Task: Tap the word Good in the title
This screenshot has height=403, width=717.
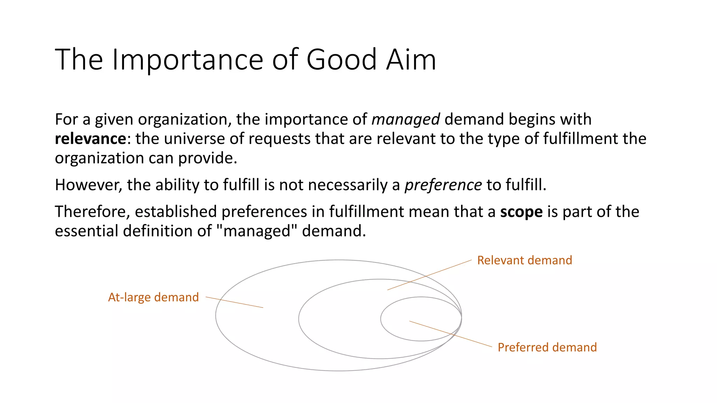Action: [x=341, y=59]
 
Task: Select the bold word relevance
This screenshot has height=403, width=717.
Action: [x=90, y=139]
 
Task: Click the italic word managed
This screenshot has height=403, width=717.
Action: [x=405, y=120]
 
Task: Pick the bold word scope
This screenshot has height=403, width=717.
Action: [x=521, y=212]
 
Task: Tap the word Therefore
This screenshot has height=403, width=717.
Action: [x=92, y=212]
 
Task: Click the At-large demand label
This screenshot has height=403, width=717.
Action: [x=153, y=297]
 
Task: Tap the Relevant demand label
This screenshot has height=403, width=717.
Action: [x=524, y=260]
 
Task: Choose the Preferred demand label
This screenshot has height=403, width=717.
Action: [x=547, y=347]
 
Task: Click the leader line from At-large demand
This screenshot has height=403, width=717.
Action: [x=234, y=302]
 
